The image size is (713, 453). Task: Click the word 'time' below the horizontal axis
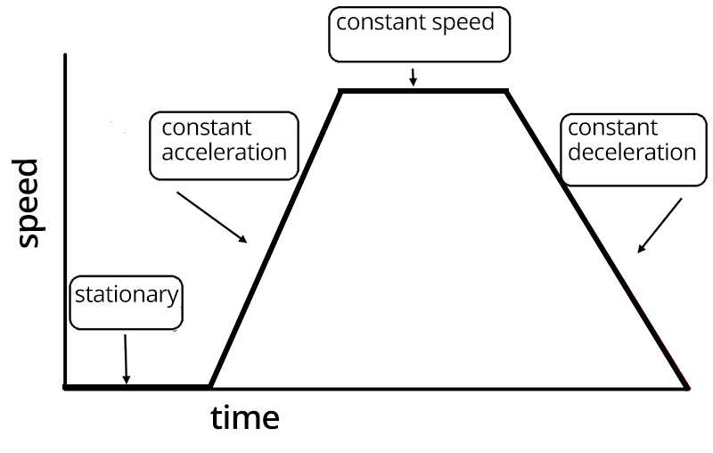pyautogui.click(x=245, y=417)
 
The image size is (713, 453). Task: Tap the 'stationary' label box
pyautogui.click(x=126, y=304)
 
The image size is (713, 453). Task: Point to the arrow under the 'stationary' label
pyautogui.click(x=126, y=358)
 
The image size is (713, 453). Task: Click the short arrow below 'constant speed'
pyautogui.click(x=413, y=78)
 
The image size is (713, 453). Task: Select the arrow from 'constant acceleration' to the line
pyautogui.click(x=212, y=217)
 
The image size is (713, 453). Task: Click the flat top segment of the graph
pyautogui.click(x=422, y=91)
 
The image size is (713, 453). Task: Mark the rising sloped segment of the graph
pyautogui.click(x=275, y=239)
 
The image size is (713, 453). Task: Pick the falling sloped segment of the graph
pyautogui.click(x=597, y=239)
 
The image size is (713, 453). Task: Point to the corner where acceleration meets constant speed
pyautogui.click(x=340, y=91)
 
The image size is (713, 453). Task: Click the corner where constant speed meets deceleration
pyautogui.click(x=506, y=91)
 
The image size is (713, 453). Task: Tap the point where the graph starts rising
pyautogui.click(x=209, y=387)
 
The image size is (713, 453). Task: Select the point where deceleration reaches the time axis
pyautogui.click(x=687, y=387)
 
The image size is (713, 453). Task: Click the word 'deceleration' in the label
pyautogui.click(x=631, y=152)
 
